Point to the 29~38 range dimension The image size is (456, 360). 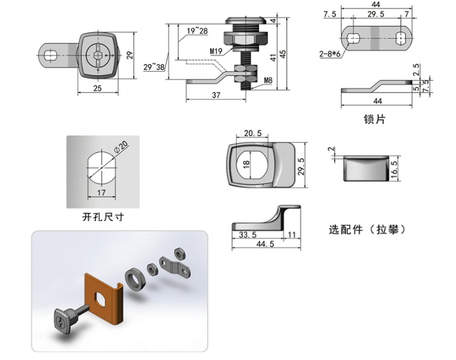[153, 66]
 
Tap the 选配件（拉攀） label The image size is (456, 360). [366, 230]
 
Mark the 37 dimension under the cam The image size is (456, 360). [216, 95]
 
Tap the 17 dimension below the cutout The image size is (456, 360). [101, 193]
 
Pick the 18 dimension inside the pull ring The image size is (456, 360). [246, 164]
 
